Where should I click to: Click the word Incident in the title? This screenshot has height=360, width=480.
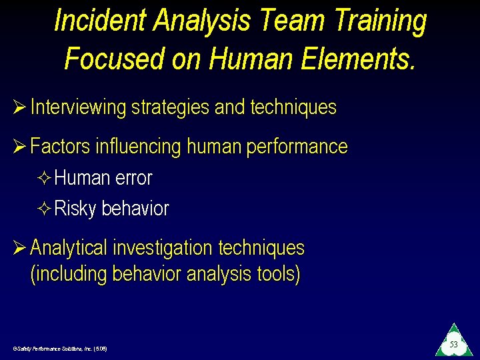point(100,21)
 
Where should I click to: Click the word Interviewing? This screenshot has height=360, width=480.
point(78,107)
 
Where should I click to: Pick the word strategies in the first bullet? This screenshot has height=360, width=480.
point(170,107)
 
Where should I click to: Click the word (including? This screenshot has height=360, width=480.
point(69,274)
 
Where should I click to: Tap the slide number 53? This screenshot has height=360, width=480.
point(453,345)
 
